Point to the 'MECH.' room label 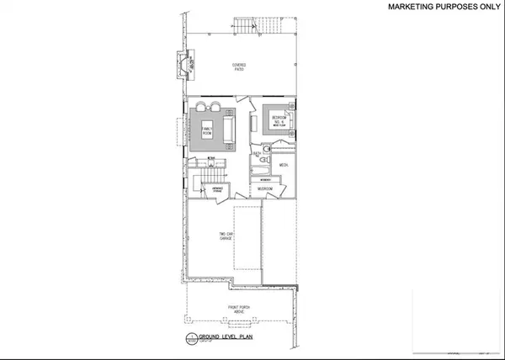coord(284,165)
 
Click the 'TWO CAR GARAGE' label coord(226,238)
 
